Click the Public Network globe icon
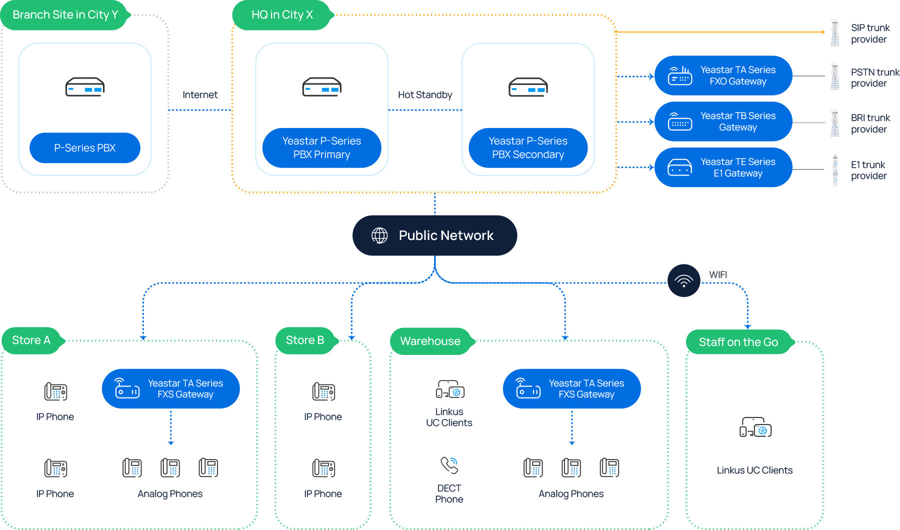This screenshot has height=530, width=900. coord(379,235)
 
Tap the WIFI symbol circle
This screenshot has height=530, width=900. coord(683,280)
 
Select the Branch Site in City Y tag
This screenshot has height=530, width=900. coord(65,15)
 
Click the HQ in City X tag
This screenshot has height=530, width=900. coord(282,15)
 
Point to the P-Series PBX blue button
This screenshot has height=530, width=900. coord(85,148)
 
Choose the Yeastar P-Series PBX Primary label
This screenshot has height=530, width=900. coord(321,148)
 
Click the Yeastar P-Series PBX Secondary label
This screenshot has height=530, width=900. coord(528,148)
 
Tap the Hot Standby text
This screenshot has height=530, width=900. coord(425,95)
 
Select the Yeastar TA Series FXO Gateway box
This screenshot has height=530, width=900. coord(723,75)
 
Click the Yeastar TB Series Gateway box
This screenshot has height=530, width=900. coord(723,121)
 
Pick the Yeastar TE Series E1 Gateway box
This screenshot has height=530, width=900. coord(723,167)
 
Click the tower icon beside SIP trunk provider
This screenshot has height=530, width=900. coord(835,33)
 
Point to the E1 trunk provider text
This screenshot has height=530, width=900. coord(868,170)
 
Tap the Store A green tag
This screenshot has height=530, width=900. coord(31,340)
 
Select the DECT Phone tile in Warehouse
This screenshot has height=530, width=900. coord(449,478)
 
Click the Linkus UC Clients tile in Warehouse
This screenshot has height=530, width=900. coord(449,402)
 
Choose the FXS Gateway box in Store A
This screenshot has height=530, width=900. coord(170,388)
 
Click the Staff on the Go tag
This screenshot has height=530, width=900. coord(738,342)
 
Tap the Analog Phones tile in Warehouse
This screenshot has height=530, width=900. coord(571,478)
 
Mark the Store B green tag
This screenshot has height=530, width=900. coord(305,340)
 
